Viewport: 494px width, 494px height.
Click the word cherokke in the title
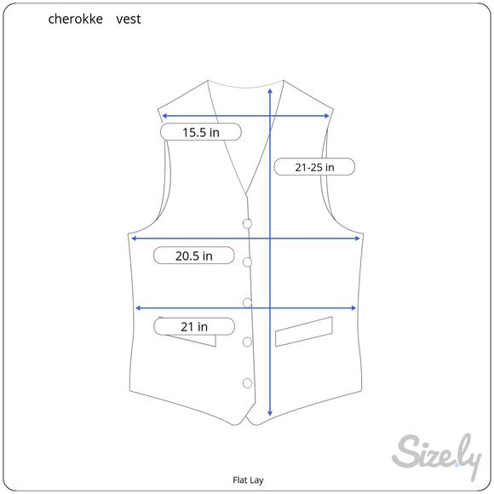75,20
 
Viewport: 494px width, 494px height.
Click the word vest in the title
129,20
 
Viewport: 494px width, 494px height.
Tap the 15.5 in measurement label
201,132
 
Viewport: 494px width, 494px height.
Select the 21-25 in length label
314,167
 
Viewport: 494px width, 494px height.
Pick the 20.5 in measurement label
193,256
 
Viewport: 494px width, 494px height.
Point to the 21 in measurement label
194,326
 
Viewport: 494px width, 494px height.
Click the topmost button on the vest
247,224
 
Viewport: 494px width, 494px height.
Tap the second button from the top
247,262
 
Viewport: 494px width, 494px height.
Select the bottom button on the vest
247,383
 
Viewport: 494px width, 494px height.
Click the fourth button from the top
247,342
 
